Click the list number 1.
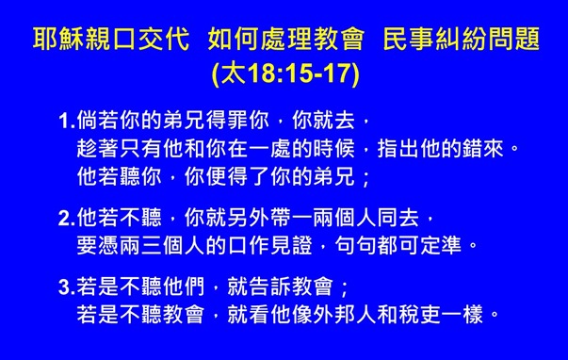(x=65, y=123)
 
